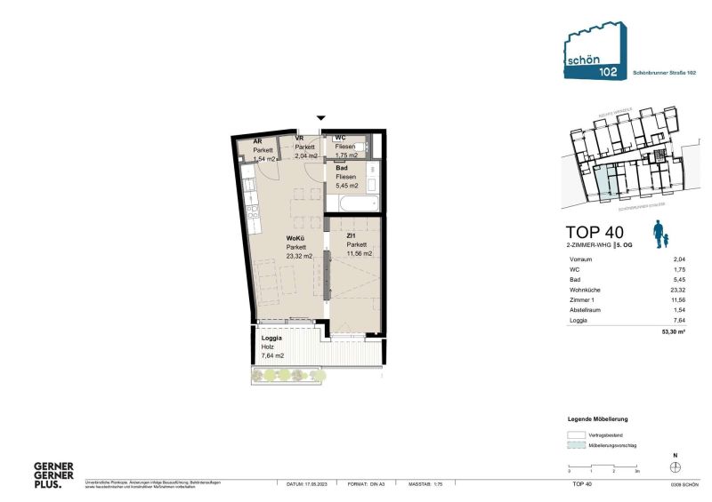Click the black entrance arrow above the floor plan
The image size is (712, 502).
pyautogui.click(x=321, y=118)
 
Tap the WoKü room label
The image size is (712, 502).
pyautogui.click(x=295, y=238)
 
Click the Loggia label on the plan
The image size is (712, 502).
pyautogui.click(x=271, y=339)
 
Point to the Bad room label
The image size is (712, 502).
pyautogui.click(x=342, y=167)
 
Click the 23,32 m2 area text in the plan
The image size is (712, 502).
pyautogui.click(x=299, y=256)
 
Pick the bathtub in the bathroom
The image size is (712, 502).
pyautogui.click(x=354, y=204)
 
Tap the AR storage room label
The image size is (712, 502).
pyautogui.click(x=257, y=141)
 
